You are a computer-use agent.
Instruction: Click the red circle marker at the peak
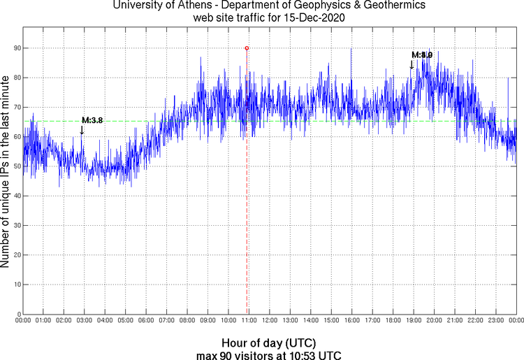247,48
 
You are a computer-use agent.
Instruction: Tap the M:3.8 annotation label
92,120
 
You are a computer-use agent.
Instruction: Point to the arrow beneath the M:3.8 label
82,129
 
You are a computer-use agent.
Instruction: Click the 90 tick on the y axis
15,48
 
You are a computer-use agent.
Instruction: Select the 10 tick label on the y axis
15,285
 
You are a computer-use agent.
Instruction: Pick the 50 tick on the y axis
15,166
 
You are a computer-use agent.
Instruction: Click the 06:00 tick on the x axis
146,321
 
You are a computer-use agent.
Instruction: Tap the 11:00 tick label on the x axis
249,321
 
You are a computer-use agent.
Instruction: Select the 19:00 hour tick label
413,321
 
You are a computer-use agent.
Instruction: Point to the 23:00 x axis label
495,321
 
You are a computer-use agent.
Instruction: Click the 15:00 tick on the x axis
331,321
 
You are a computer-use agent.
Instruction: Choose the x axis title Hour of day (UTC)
269,343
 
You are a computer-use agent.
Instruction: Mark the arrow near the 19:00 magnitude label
412,64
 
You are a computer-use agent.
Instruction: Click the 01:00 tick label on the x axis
43,321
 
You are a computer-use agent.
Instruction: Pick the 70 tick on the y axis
15,107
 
